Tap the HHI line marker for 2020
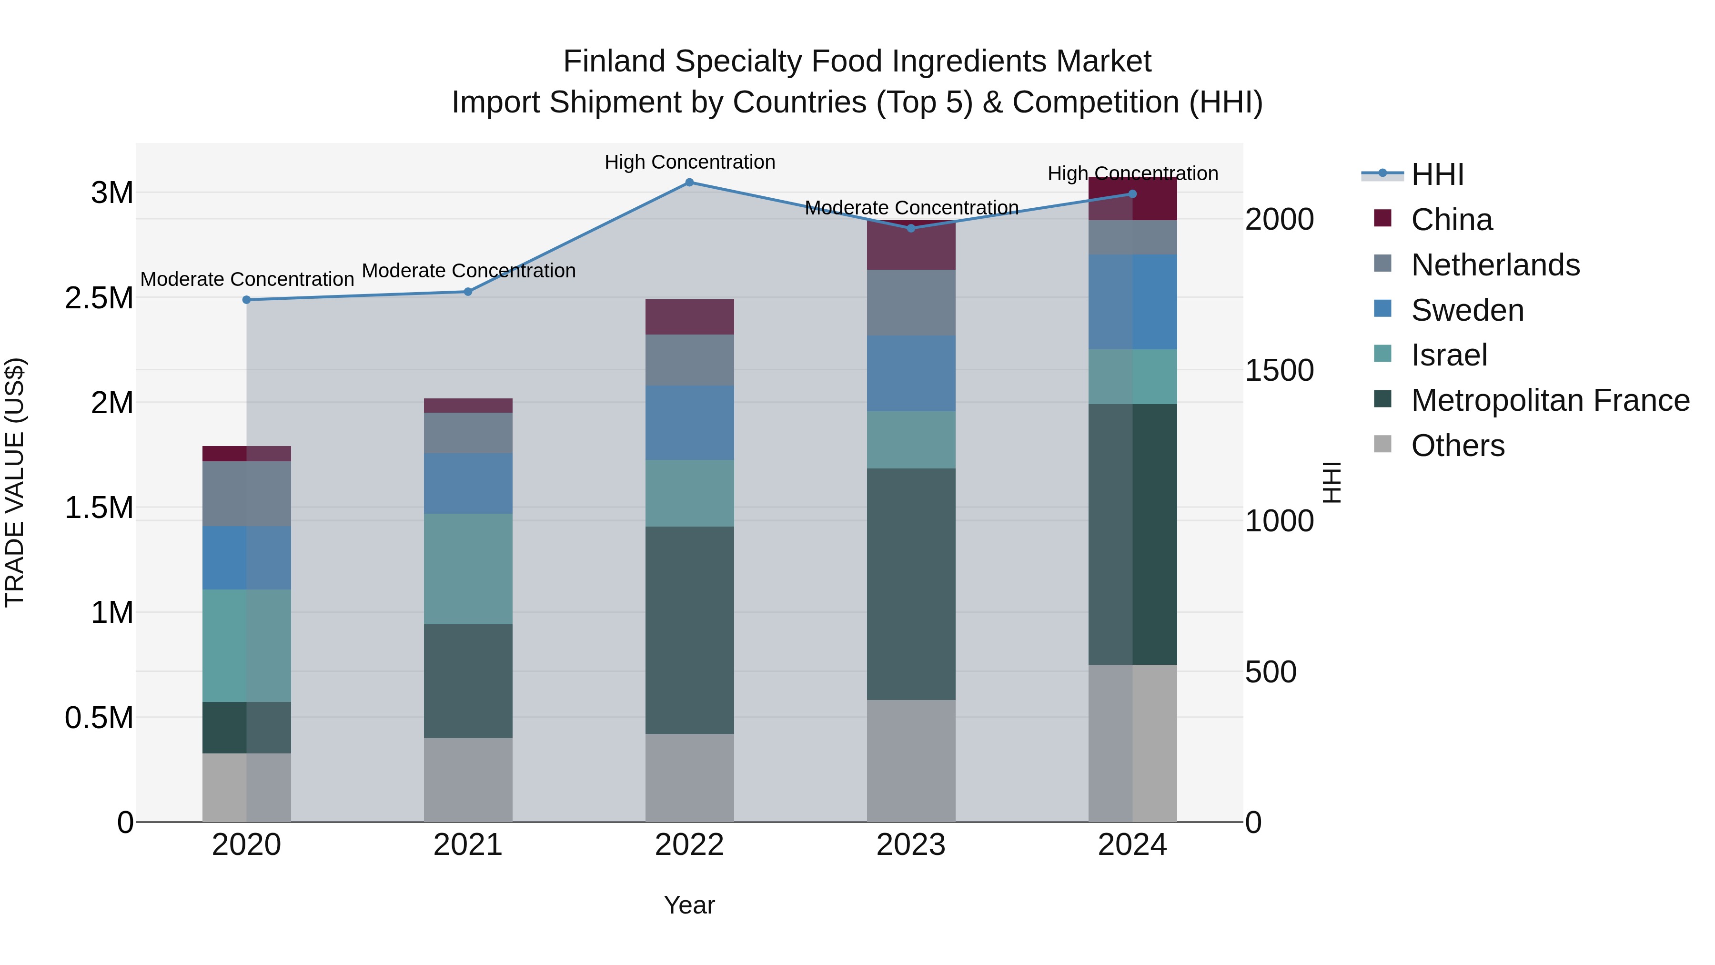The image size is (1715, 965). tap(246, 300)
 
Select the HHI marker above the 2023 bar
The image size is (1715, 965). tap(911, 228)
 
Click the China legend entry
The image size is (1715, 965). tap(1452, 220)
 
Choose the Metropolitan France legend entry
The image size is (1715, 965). tap(1550, 400)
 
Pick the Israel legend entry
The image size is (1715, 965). tap(1449, 355)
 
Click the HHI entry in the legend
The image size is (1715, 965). tap(1437, 174)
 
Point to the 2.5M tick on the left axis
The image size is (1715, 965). tap(99, 298)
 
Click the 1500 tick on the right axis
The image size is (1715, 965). tap(1279, 370)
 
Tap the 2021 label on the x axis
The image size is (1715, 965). tap(467, 845)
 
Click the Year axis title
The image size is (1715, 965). tap(689, 905)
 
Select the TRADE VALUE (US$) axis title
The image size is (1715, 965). tap(15, 482)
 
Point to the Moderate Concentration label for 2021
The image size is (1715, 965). tap(468, 271)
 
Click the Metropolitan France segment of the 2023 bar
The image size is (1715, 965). tap(911, 584)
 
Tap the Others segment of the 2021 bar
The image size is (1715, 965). tap(467, 779)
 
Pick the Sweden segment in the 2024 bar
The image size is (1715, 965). tap(1132, 302)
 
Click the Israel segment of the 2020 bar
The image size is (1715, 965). tap(246, 645)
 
